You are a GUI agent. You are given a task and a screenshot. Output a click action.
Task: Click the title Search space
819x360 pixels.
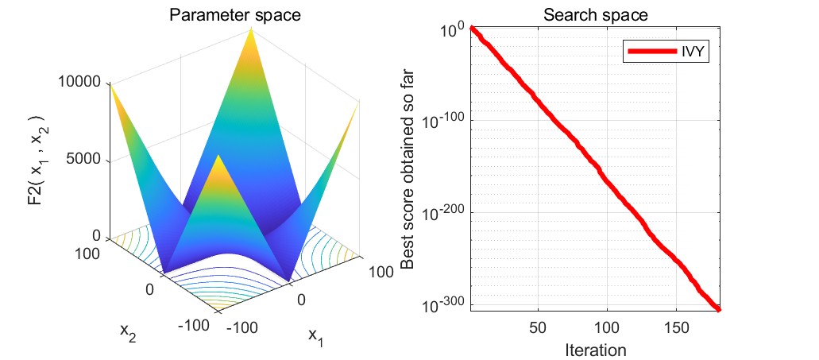(595, 14)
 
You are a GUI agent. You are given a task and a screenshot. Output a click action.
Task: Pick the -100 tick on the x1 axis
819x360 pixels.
(242, 326)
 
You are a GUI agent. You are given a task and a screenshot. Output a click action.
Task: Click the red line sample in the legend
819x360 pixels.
(651, 52)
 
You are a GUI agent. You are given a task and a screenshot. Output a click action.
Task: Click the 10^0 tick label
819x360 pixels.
(455, 29)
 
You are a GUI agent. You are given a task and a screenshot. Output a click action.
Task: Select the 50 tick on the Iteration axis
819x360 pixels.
(538, 327)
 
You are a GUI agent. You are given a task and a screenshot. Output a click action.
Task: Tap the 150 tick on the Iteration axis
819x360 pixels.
(674, 327)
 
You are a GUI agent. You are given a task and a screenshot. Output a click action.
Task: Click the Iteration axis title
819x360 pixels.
(595, 348)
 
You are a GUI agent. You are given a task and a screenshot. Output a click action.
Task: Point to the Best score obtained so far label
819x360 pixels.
(410, 168)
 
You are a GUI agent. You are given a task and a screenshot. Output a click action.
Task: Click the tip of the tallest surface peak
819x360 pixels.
(252, 29)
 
